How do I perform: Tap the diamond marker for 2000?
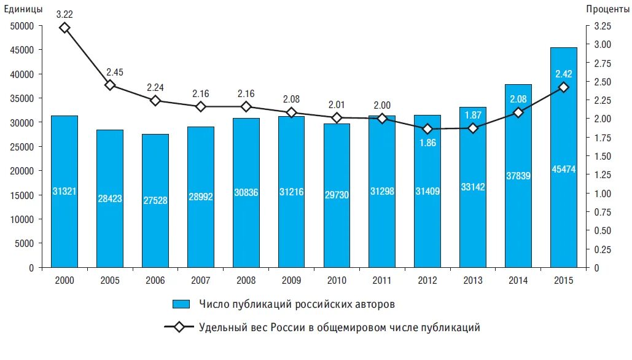point(64,28)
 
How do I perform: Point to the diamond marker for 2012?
point(427,129)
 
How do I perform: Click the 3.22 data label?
point(64,13)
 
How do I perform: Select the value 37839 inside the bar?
point(518,176)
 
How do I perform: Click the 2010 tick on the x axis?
point(337,280)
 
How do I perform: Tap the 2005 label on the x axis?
point(110,280)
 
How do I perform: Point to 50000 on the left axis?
point(23,26)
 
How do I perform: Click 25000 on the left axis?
point(23,147)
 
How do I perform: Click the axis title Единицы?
point(23,9)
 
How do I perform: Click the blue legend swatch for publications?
point(182,304)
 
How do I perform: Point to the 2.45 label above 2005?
point(114,72)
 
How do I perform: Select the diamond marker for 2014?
point(518,112)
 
